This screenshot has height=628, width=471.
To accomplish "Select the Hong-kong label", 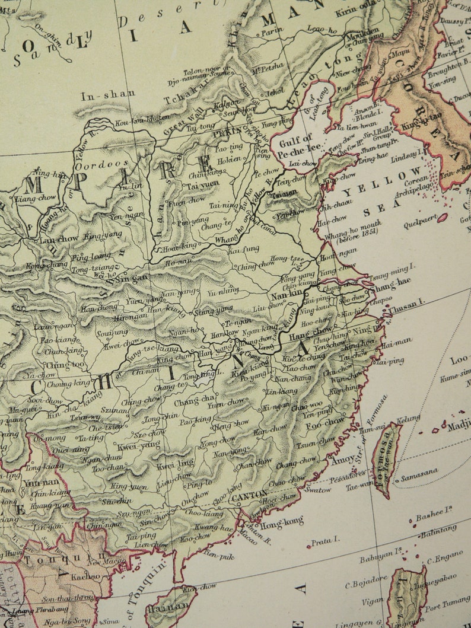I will [x=282, y=523].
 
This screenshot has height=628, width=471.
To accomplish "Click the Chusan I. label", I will [x=407, y=302].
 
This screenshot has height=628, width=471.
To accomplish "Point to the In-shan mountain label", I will [x=107, y=94].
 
